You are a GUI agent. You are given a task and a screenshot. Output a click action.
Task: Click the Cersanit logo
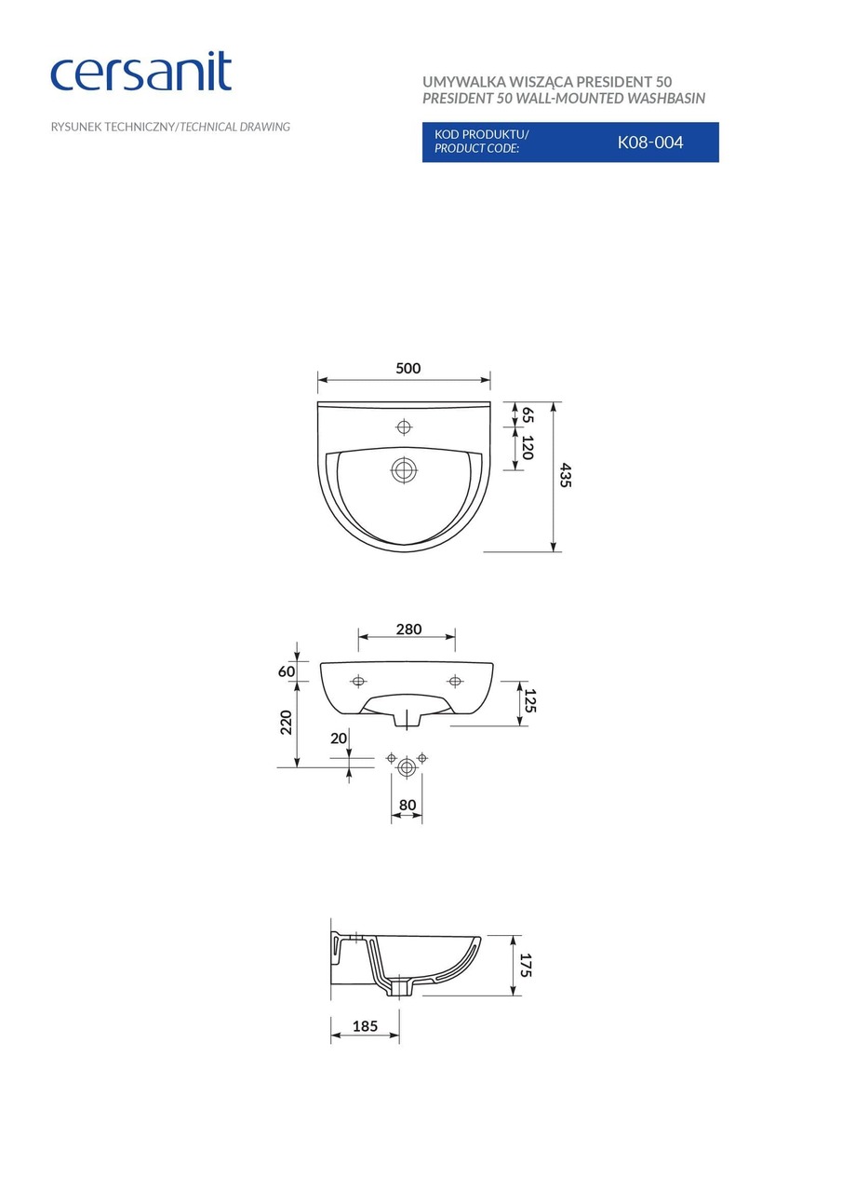click(140, 71)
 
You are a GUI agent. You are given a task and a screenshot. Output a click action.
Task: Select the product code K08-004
click(650, 142)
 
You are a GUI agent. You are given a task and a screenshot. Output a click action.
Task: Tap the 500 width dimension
click(408, 368)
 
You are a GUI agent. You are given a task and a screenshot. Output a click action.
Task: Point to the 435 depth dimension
click(565, 475)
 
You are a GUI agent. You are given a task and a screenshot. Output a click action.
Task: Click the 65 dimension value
click(528, 414)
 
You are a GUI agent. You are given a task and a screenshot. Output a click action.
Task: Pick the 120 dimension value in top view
click(528, 447)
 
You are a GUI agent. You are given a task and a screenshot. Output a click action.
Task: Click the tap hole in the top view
click(405, 427)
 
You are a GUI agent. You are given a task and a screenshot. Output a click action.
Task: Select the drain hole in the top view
click(405, 470)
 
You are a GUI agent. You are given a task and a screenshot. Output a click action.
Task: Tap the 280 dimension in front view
click(408, 629)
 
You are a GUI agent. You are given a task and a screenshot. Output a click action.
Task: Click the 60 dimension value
click(286, 671)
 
